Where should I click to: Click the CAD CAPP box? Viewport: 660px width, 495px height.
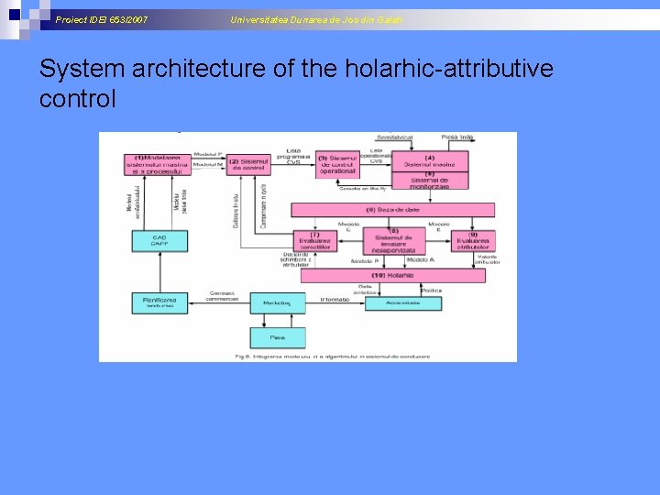pos(159,241)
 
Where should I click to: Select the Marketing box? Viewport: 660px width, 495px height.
pos(277,301)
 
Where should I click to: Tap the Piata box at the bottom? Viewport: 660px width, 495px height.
pos(277,337)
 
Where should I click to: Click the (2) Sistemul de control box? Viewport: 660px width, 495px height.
pos(247,165)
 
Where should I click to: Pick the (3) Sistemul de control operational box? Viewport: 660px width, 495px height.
pos(337,165)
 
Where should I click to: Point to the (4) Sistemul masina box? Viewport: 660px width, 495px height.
pos(429,160)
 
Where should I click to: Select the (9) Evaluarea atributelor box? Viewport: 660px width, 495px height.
pos(472,240)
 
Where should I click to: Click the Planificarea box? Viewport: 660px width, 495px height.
pos(159,301)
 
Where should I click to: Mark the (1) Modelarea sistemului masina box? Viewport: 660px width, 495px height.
pos(159,164)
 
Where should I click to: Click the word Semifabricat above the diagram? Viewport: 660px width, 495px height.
pos(394,137)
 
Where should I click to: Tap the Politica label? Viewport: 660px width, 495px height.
pos(430,290)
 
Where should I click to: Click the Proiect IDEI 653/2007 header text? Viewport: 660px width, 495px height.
pos(102,19)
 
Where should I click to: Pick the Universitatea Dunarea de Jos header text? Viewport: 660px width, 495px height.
pos(316,19)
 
